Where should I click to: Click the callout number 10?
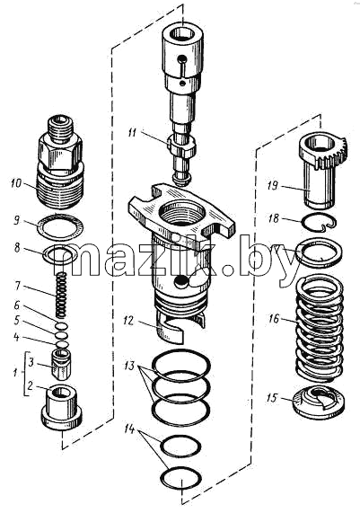click(15, 183)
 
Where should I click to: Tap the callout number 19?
click(272, 185)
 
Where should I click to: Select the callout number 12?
click(128, 321)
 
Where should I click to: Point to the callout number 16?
click(274, 318)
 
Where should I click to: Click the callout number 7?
click(18, 287)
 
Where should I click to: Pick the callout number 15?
click(272, 398)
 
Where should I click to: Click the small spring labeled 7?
click(61, 295)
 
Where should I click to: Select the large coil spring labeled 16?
click(320, 329)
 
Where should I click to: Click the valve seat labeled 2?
click(61, 408)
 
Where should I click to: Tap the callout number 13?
click(129, 365)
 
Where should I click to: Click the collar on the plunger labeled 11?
click(182, 146)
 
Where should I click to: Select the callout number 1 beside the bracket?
click(15, 372)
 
